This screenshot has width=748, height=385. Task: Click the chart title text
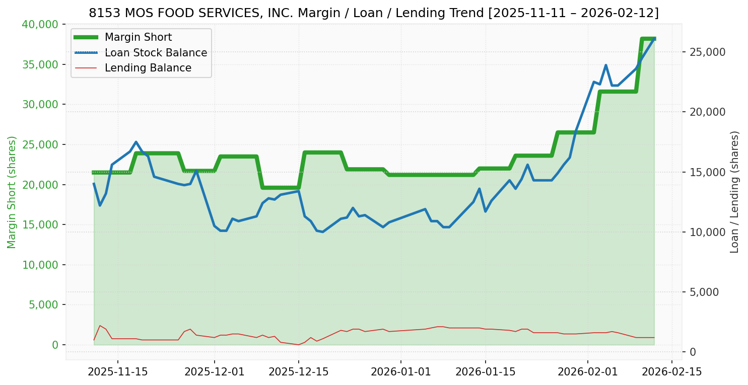(373, 13)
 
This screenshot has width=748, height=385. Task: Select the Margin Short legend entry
(138, 37)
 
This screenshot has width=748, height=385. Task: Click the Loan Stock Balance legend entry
(156, 53)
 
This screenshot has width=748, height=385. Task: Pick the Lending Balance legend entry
(148, 68)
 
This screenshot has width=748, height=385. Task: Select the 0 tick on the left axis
(55, 345)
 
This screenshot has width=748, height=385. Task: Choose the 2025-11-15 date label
(118, 372)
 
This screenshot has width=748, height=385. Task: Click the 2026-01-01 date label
(401, 372)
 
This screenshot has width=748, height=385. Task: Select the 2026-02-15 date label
(672, 372)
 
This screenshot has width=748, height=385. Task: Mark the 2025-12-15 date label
(298, 372)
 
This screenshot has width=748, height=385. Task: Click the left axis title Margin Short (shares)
(12, 192)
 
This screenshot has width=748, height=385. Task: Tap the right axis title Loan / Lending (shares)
(735, 192)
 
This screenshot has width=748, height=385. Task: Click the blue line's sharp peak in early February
(606, 65)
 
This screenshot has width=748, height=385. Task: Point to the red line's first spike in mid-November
(100, 326)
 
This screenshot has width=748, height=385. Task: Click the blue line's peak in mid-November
(136, 142)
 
